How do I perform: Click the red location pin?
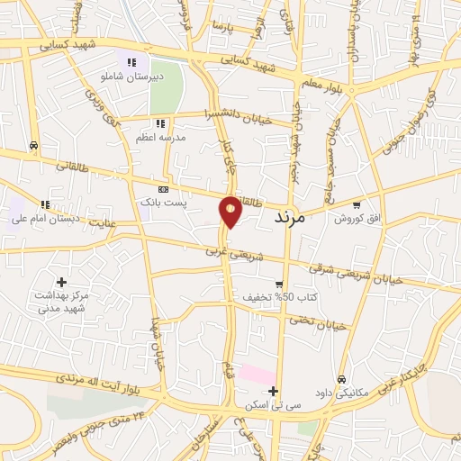[230, 211]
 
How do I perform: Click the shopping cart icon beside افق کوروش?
[357, 204]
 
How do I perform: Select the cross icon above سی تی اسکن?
[273, 390]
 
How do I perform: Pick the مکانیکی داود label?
[343, 393]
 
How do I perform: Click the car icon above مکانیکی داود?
[342, 380]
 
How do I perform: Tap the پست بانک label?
[162, 203]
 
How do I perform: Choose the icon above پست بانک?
[163, 190]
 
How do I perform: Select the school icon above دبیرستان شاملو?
[132, 62]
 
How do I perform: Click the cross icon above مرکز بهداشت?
[61, 283]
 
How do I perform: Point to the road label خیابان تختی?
[316, 321]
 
